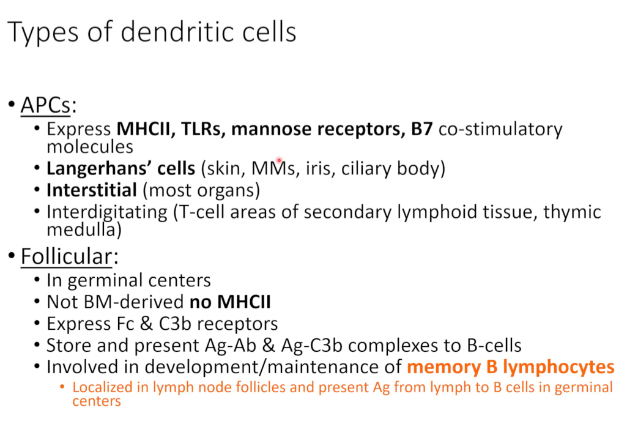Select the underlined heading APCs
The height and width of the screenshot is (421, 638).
tap(45, 105)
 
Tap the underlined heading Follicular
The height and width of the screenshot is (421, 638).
tap(66, 257)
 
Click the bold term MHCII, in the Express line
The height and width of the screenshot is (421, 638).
tap(146, 129)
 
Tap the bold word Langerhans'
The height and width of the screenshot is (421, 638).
tap(99, 168)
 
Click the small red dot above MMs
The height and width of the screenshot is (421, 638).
tap(279, 160)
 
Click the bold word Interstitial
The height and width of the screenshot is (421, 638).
tap(92, 190)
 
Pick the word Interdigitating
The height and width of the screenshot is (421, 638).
tap(107, 212)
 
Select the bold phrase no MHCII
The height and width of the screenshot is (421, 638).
tap(230, 302)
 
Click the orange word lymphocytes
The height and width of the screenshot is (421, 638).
tap(558, 368)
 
